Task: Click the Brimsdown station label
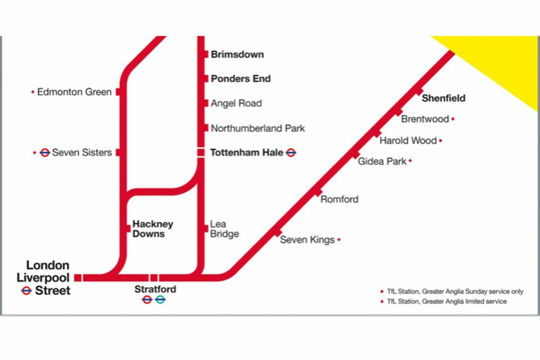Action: point(237,54)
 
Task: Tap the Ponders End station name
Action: point(240,79)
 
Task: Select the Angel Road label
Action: point(236,103)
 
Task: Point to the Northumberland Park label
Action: point(257,128)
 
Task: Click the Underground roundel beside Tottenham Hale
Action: point(291,153)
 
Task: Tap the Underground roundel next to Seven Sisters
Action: point(45,152)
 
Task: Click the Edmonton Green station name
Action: point(74,92)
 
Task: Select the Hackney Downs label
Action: point(152,229)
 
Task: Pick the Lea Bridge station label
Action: point(224,229)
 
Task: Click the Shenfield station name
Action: point(443,98)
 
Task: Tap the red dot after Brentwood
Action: point(453,119)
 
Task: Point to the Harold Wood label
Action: point(408,141)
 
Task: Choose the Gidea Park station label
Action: point(382,161)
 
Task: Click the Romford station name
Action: point(339,199)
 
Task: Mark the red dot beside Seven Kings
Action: point(339,240)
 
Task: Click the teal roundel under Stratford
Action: point(160,299)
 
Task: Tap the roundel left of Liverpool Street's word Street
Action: point(26,290)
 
